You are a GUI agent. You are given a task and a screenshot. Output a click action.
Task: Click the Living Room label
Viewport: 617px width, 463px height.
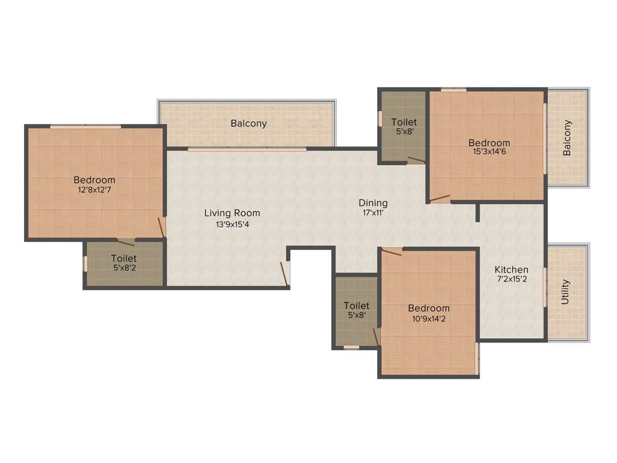232,213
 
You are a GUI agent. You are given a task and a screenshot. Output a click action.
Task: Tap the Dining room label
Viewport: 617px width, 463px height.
373,203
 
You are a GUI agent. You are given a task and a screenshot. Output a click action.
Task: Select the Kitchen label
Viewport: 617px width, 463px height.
512,269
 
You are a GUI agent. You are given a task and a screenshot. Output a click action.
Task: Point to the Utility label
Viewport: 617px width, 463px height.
565,292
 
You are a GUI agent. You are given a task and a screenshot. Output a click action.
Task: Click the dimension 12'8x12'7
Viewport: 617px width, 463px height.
94,190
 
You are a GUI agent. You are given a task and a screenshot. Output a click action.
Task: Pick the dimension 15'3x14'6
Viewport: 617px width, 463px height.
489,152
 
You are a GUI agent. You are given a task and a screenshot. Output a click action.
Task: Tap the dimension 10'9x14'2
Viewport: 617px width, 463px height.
429,318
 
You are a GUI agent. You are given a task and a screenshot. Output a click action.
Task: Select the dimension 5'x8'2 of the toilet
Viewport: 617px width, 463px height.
124,268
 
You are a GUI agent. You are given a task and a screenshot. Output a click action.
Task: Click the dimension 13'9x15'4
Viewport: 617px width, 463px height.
232,224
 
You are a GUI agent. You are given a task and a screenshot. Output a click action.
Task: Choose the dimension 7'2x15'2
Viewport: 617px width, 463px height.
512,279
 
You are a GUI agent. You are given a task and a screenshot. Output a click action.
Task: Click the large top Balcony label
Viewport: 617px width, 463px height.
248,124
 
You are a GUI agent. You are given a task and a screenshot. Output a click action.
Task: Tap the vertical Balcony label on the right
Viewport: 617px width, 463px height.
567,138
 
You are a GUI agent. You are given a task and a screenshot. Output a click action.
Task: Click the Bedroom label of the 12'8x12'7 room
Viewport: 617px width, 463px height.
94,180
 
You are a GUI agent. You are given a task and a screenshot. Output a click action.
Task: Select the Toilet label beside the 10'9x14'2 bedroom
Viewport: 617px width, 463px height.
356,306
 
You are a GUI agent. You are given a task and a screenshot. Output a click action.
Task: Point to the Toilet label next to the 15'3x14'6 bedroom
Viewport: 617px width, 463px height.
404,122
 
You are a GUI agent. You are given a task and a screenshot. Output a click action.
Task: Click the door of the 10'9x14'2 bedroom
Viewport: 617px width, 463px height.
392,251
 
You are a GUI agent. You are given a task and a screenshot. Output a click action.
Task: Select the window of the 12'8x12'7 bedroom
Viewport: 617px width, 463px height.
85,127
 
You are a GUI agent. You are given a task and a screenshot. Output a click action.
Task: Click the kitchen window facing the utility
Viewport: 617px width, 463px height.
545,287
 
